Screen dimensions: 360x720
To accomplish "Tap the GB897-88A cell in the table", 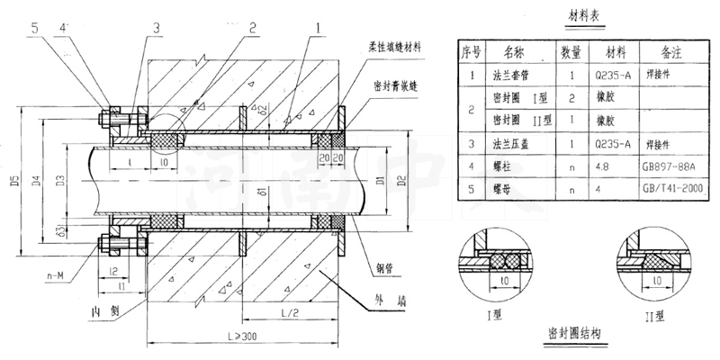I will [670, 165].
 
